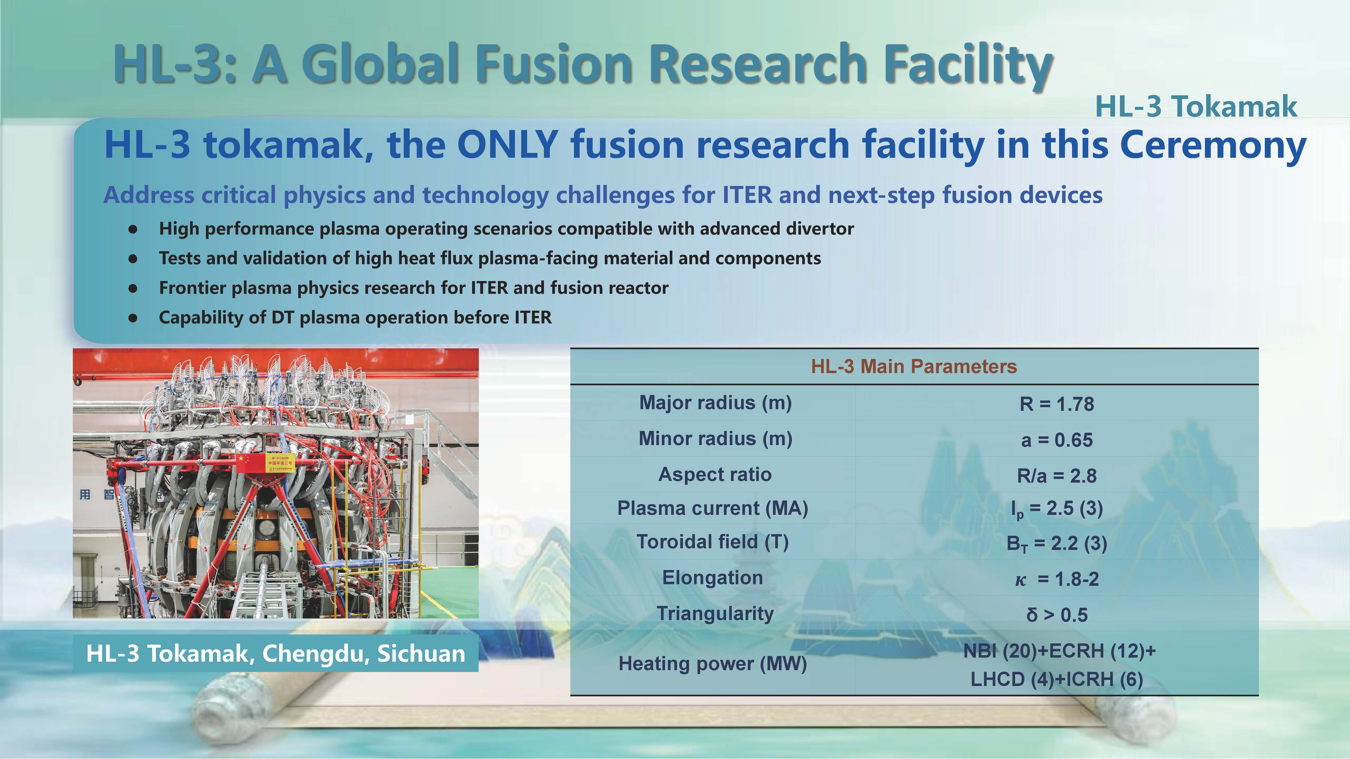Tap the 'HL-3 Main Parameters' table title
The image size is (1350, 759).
coord(914,366)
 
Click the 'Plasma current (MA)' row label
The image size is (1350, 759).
coord(713,508)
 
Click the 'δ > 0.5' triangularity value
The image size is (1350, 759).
coord(1056,614)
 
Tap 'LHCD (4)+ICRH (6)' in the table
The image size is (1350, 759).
coord(1056,679)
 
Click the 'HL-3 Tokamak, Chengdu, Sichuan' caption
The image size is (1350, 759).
coord(276,653)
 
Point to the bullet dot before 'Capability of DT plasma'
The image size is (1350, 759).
coord(133,317)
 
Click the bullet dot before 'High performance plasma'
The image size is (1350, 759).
coord(133,229)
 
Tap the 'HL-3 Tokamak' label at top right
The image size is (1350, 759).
coord(1196,107)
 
